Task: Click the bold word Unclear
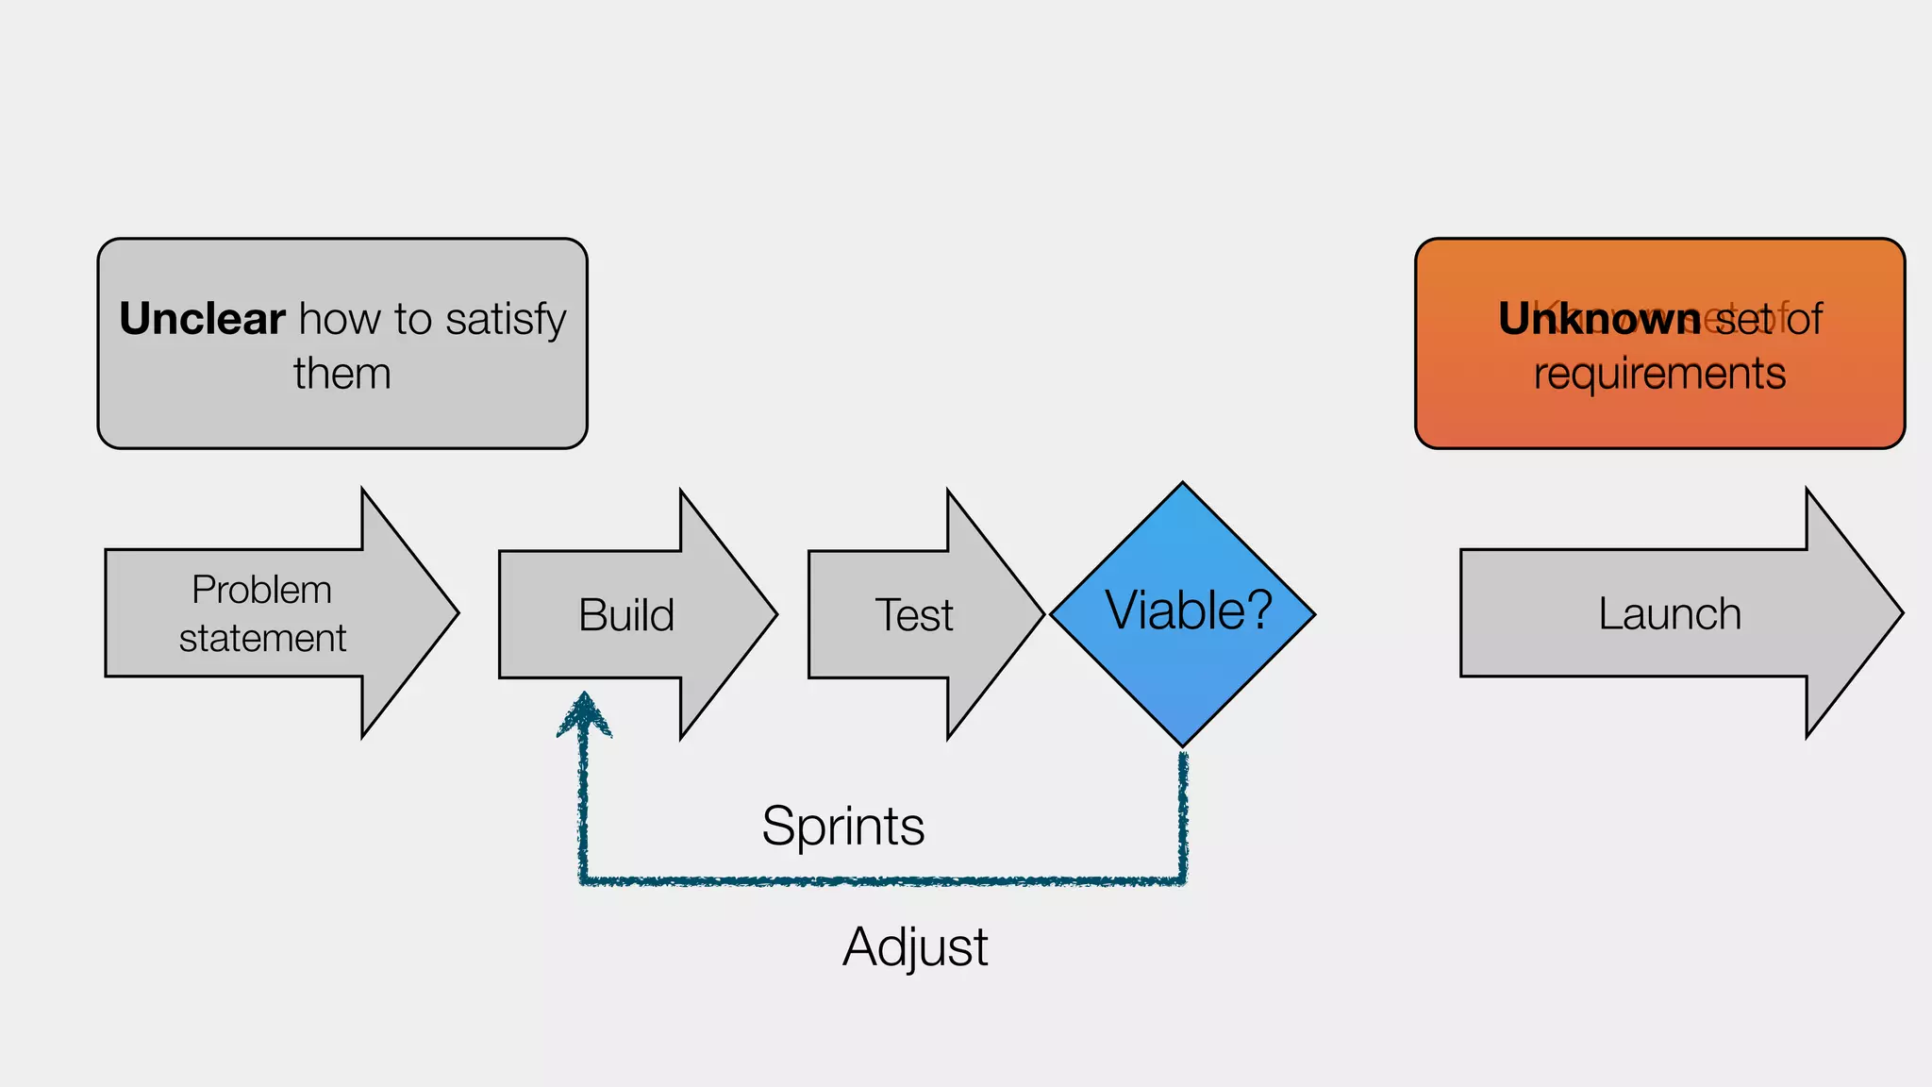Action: tap(202, 319)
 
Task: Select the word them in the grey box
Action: tap(341, 374)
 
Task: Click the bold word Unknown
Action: tap(1599, 319)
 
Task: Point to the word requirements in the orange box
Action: tap(1659, 374)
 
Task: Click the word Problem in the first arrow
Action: tap(261, 590)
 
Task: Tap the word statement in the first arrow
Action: tap(262, 639)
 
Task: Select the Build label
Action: tap(626, 615)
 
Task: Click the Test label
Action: tap(913, 615)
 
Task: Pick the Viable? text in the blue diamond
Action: tap(1188, 610)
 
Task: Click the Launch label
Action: tap(1669, 614)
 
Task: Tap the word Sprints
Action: tap(842, 827)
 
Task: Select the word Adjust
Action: tap(915, 946)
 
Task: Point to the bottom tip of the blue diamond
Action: tap(1183, 745)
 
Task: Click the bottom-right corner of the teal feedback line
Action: tap(1183, 881)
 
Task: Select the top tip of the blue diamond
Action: tap(1183, 484)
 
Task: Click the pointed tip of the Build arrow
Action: tap(775, 615)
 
